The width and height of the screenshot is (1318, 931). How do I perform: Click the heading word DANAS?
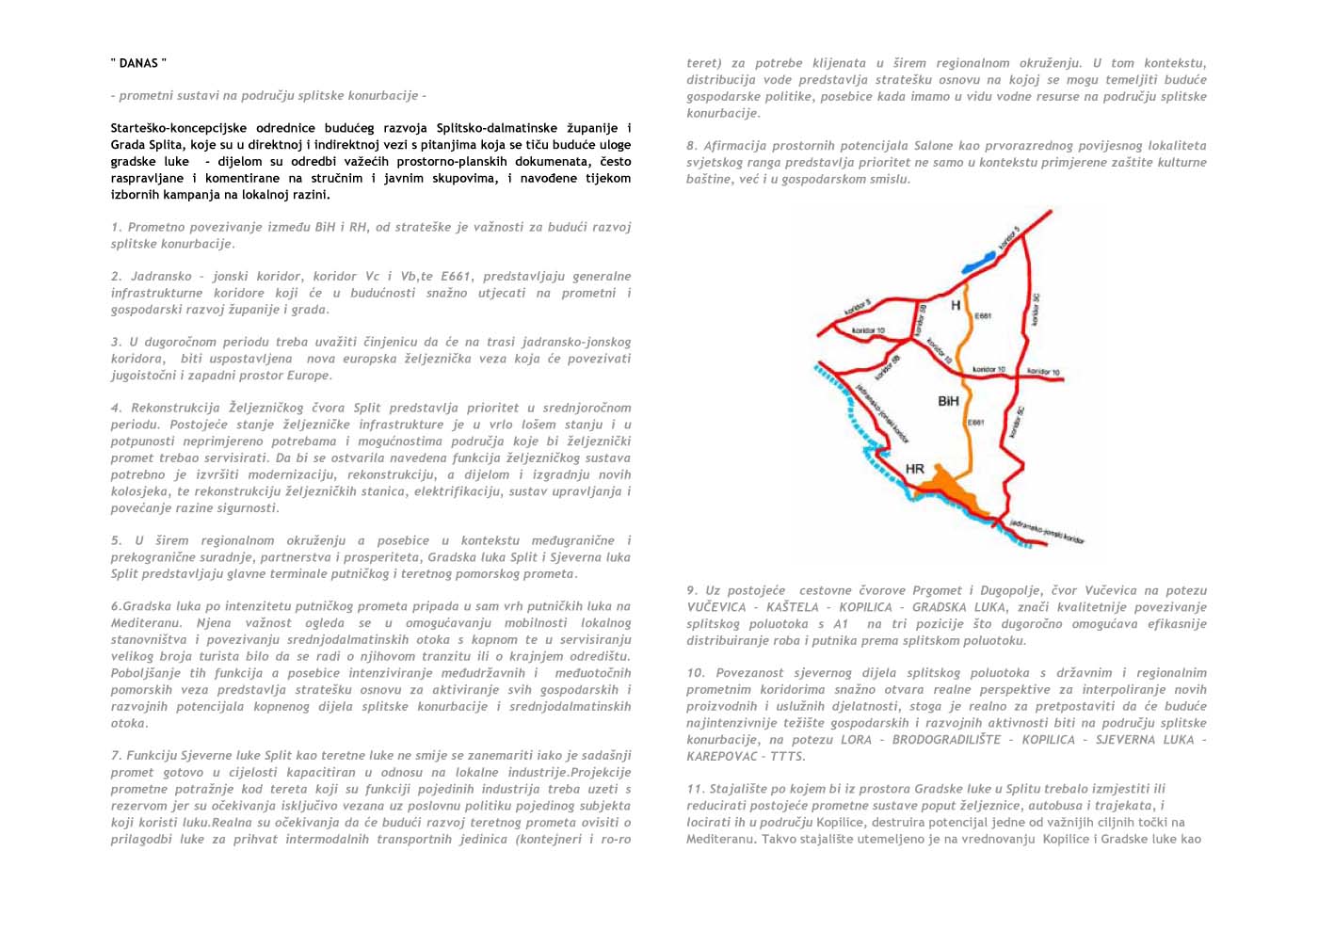[x=138, y=63]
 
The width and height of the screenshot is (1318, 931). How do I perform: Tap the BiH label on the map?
[x=948, y=401]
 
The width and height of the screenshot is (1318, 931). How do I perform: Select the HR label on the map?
[x=914, y=468]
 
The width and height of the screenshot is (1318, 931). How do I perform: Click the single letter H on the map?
[x=956, y=305]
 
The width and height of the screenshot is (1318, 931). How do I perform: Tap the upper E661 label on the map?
[x=983, y=316]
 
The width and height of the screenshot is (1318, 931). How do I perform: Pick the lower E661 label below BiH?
[x=976, y=423]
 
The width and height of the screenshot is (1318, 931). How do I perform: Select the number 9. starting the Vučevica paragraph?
[x=694, y=590]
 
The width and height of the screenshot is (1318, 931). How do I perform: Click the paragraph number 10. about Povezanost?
[x=697, y=673]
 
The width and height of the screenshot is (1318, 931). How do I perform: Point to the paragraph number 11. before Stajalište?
[x=696, y=789]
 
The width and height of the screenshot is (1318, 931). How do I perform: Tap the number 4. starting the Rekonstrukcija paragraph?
[x=116, y=409]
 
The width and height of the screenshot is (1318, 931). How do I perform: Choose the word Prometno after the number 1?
[x=154, y=227]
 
